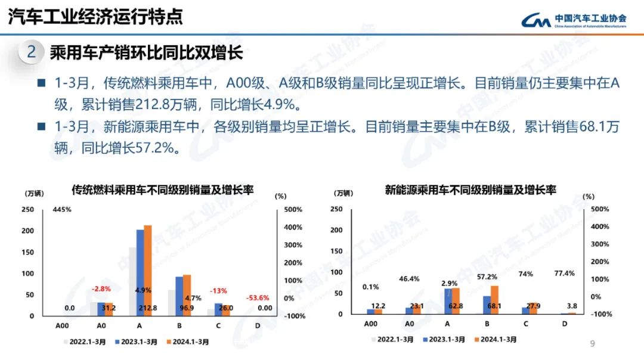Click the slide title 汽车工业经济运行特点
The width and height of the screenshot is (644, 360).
point(95,17)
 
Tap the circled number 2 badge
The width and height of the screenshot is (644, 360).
point(31,52)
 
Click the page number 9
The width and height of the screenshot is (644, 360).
point(592,343)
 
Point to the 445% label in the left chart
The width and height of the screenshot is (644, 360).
point(62,210)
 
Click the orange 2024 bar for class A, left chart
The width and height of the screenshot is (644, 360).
point(148,268)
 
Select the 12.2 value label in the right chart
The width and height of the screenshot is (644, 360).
point(378,306)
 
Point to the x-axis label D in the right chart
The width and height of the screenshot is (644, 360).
point(564,324)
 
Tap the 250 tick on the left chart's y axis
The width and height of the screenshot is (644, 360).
point(27,210)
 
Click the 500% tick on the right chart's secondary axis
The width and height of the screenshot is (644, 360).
point(599,209)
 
